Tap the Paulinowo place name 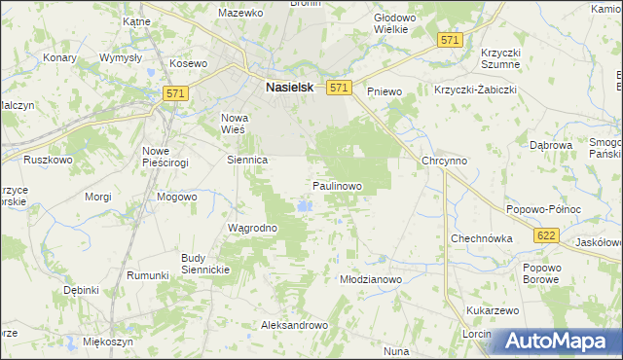click(337, 185)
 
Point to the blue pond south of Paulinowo click(306, 206)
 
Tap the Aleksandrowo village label click(291, 325)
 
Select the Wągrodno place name click(252, 228)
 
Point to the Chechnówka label click(481, 238)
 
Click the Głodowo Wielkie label click(395, 23)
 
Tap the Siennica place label click(247, 159)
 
